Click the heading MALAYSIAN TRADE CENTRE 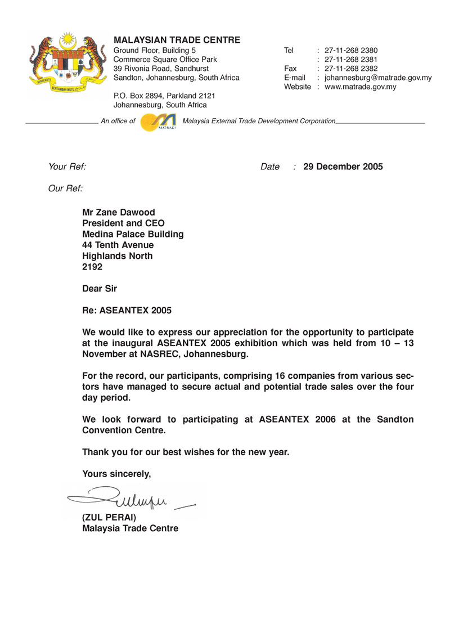[x=177, y=40]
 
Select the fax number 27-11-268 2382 [x=351, y=69]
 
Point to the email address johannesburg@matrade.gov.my [x=378, y=78]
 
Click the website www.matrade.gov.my [x=361, y=87]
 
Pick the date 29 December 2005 [x=343, y=167]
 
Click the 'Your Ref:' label [x=67, y=167]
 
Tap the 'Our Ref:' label [x=65, y=188]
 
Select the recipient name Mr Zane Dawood [x=118, y=213]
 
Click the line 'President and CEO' [x=123, y=223]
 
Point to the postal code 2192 [x=92, y=267]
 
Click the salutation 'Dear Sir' [x=100, y=289]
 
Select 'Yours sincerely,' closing [x=116, y=474]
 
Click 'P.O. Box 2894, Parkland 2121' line [x=164, y=96]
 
